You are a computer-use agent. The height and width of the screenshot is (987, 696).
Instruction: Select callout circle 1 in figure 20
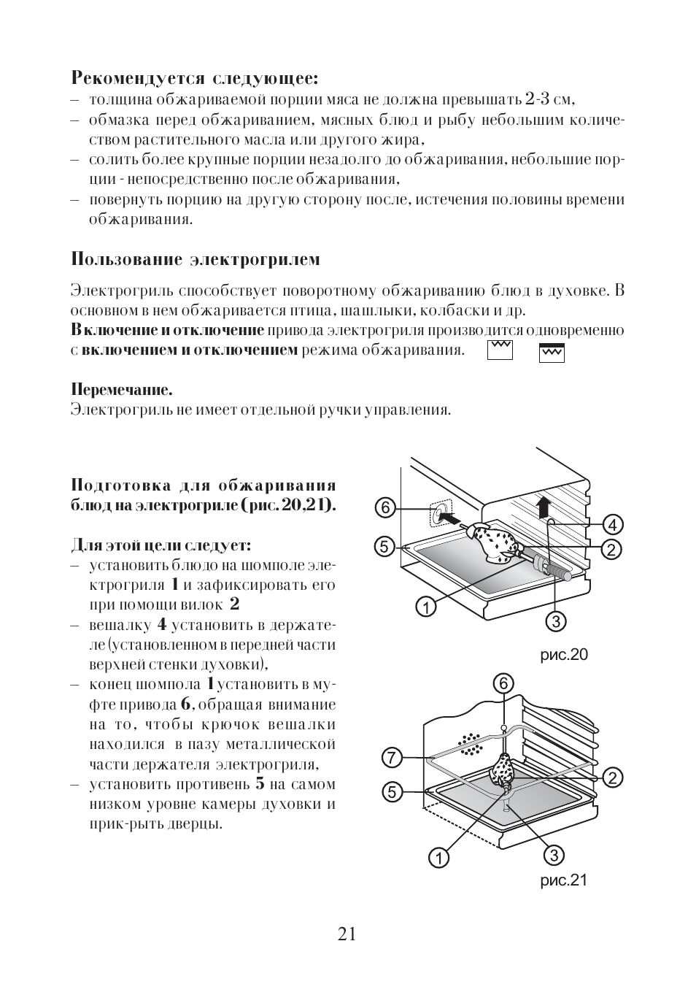pos(426,605)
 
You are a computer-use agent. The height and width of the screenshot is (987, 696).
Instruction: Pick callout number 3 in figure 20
pos(557,621)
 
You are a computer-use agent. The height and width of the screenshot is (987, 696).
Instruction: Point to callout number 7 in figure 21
pos(391,758)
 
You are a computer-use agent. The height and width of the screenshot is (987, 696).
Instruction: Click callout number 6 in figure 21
pos(503,683)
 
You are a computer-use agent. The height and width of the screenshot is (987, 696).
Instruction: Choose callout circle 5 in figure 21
pos(391,791)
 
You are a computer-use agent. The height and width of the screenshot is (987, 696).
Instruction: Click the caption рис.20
pos(563,655)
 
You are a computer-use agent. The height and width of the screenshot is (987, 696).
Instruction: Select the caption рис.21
pos(563,880)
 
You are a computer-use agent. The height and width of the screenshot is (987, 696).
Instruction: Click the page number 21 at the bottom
pos(347,934)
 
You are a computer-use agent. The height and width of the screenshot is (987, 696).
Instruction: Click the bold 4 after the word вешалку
pos(162,624)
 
